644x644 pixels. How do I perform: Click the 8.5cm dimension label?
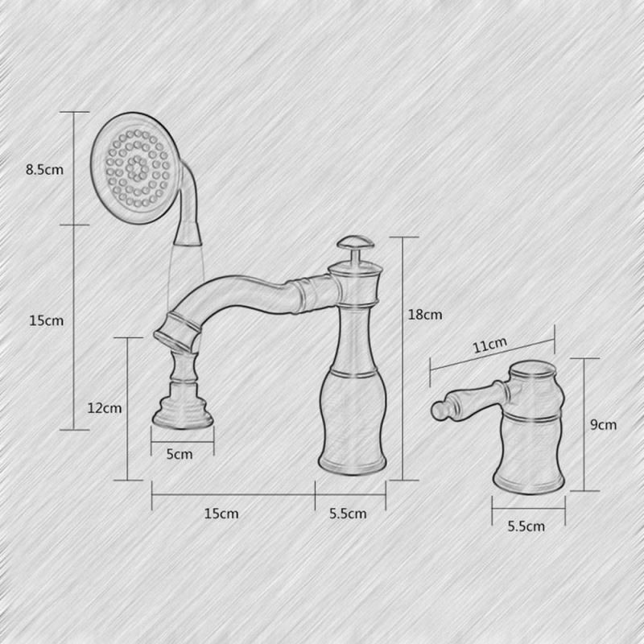pyautogui.click(x=45, y=169)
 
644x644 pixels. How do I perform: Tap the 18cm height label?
pyautogui.click(x=425, y=315)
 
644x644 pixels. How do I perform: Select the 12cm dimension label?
pyautogui.click(x=105, y=408)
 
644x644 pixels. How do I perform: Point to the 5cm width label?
pyautogui.click(x=180, y=454)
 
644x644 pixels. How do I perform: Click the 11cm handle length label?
pyautogui.click(x=490, y=345)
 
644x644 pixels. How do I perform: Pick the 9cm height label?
pyautogui.click(x=603, y=424)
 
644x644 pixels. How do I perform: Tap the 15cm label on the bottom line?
pyautogui.click(x=221, y=514)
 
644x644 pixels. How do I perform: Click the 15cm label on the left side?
pyautogui.click(x=47, y=320)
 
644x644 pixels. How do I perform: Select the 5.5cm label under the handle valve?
pyautogui.click(x=526, y=526)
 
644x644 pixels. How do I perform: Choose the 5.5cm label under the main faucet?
pyautogui.click(x=348, y=514)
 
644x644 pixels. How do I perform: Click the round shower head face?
pyautogui.click(x=136, y=168)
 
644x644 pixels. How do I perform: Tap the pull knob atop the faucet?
pyautogui.click(x=356, y=247)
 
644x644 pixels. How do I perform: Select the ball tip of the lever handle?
pyautogui.click(x=439, y=411)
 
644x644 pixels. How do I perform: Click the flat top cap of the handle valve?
pyautogui.click(x=533, y=369)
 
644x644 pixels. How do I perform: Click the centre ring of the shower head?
pyautogui.click(x=136, y=167)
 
